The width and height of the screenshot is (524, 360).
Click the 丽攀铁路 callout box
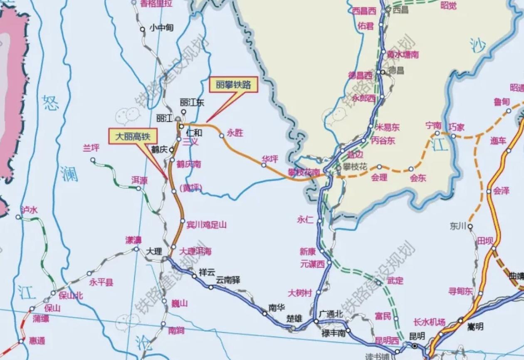[233, 85]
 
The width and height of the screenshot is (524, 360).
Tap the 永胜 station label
[235, 133]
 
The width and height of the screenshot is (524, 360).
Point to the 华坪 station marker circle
[264, 165]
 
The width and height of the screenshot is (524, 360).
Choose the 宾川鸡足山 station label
[206, 225]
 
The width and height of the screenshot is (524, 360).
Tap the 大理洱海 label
[195, 251]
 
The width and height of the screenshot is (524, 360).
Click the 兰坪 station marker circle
[93, 160]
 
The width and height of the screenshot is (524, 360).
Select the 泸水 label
[29, 210]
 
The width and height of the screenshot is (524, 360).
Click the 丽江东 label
[192, 102]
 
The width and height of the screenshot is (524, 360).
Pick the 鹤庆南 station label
[189, 164]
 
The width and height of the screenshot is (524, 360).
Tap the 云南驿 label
[228, 279]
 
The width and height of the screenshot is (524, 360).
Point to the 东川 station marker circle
[470, 227]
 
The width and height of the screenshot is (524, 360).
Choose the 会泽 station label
[501, 191]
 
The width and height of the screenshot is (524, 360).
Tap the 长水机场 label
[430, 322]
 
